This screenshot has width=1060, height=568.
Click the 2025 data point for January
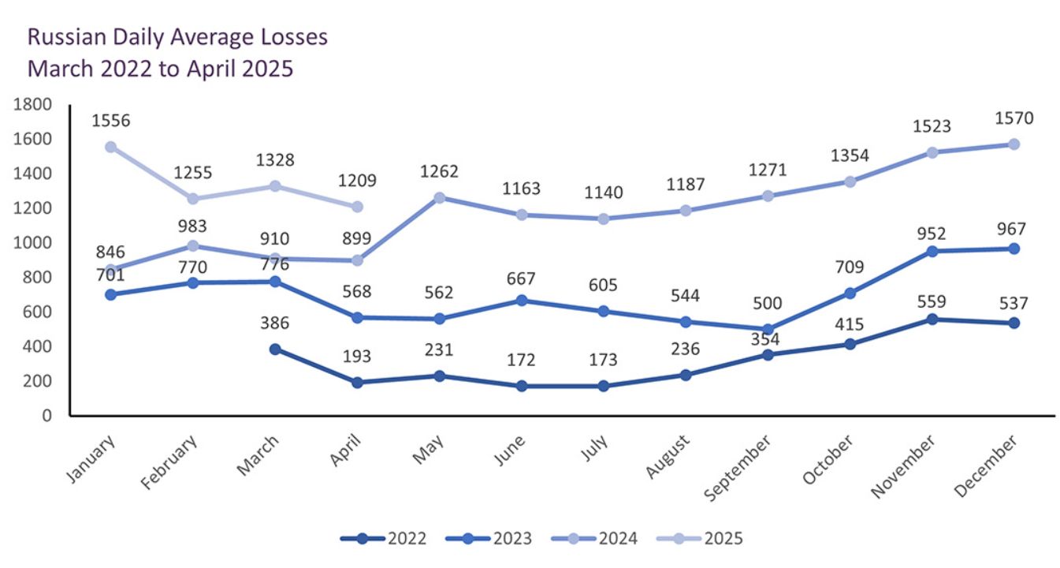(x=111, y=147)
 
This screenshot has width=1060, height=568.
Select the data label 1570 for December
(x=1014, y=118)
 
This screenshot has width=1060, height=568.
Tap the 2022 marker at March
(x=275, y=349)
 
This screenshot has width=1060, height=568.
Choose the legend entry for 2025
(x=701, y=539)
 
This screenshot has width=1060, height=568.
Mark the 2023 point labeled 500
(x=768, y=329)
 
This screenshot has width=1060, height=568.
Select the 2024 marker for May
(x=439, y=197)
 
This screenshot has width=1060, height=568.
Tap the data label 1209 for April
(x=357, y=181)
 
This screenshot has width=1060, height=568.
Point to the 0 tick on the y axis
(x=46, y=415)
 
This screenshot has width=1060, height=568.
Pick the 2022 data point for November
(x=932, y=319)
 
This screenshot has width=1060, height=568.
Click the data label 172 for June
(x=521, y=361)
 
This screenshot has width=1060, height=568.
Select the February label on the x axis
(x=170, y=465)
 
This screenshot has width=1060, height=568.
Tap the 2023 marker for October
(x=850, y=293)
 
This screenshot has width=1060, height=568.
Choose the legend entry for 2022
(x=385, y=539)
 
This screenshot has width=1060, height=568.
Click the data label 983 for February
(x=193, y=225)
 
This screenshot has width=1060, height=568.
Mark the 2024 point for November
(x=932, y=152)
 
